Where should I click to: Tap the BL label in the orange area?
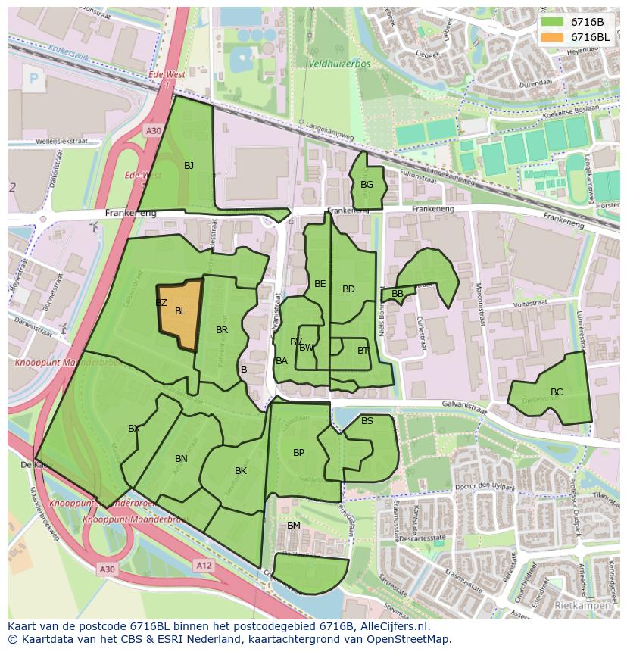click(x=180, y=311)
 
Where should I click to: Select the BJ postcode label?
click(x=189, y=166)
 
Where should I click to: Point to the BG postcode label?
click(x=367, y=185)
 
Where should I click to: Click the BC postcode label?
click(x=557, y=392)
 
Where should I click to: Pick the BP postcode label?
click(x=298, y=453)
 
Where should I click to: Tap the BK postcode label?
click(x=241, y=471)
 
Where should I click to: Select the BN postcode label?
click(x=181, y=459)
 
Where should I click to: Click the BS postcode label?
click(x=367, y=421)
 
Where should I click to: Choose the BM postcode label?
click(x=294, y=526)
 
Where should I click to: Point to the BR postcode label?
click(x=222, y=330)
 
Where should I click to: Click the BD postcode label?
click(x=348, y=289)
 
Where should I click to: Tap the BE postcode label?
click(x=320, y=284)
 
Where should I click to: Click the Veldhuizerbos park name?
click(x=340, y=64)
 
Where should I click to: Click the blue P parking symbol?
click(x=33, y=77)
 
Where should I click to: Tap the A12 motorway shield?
click(x=203, y=565)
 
